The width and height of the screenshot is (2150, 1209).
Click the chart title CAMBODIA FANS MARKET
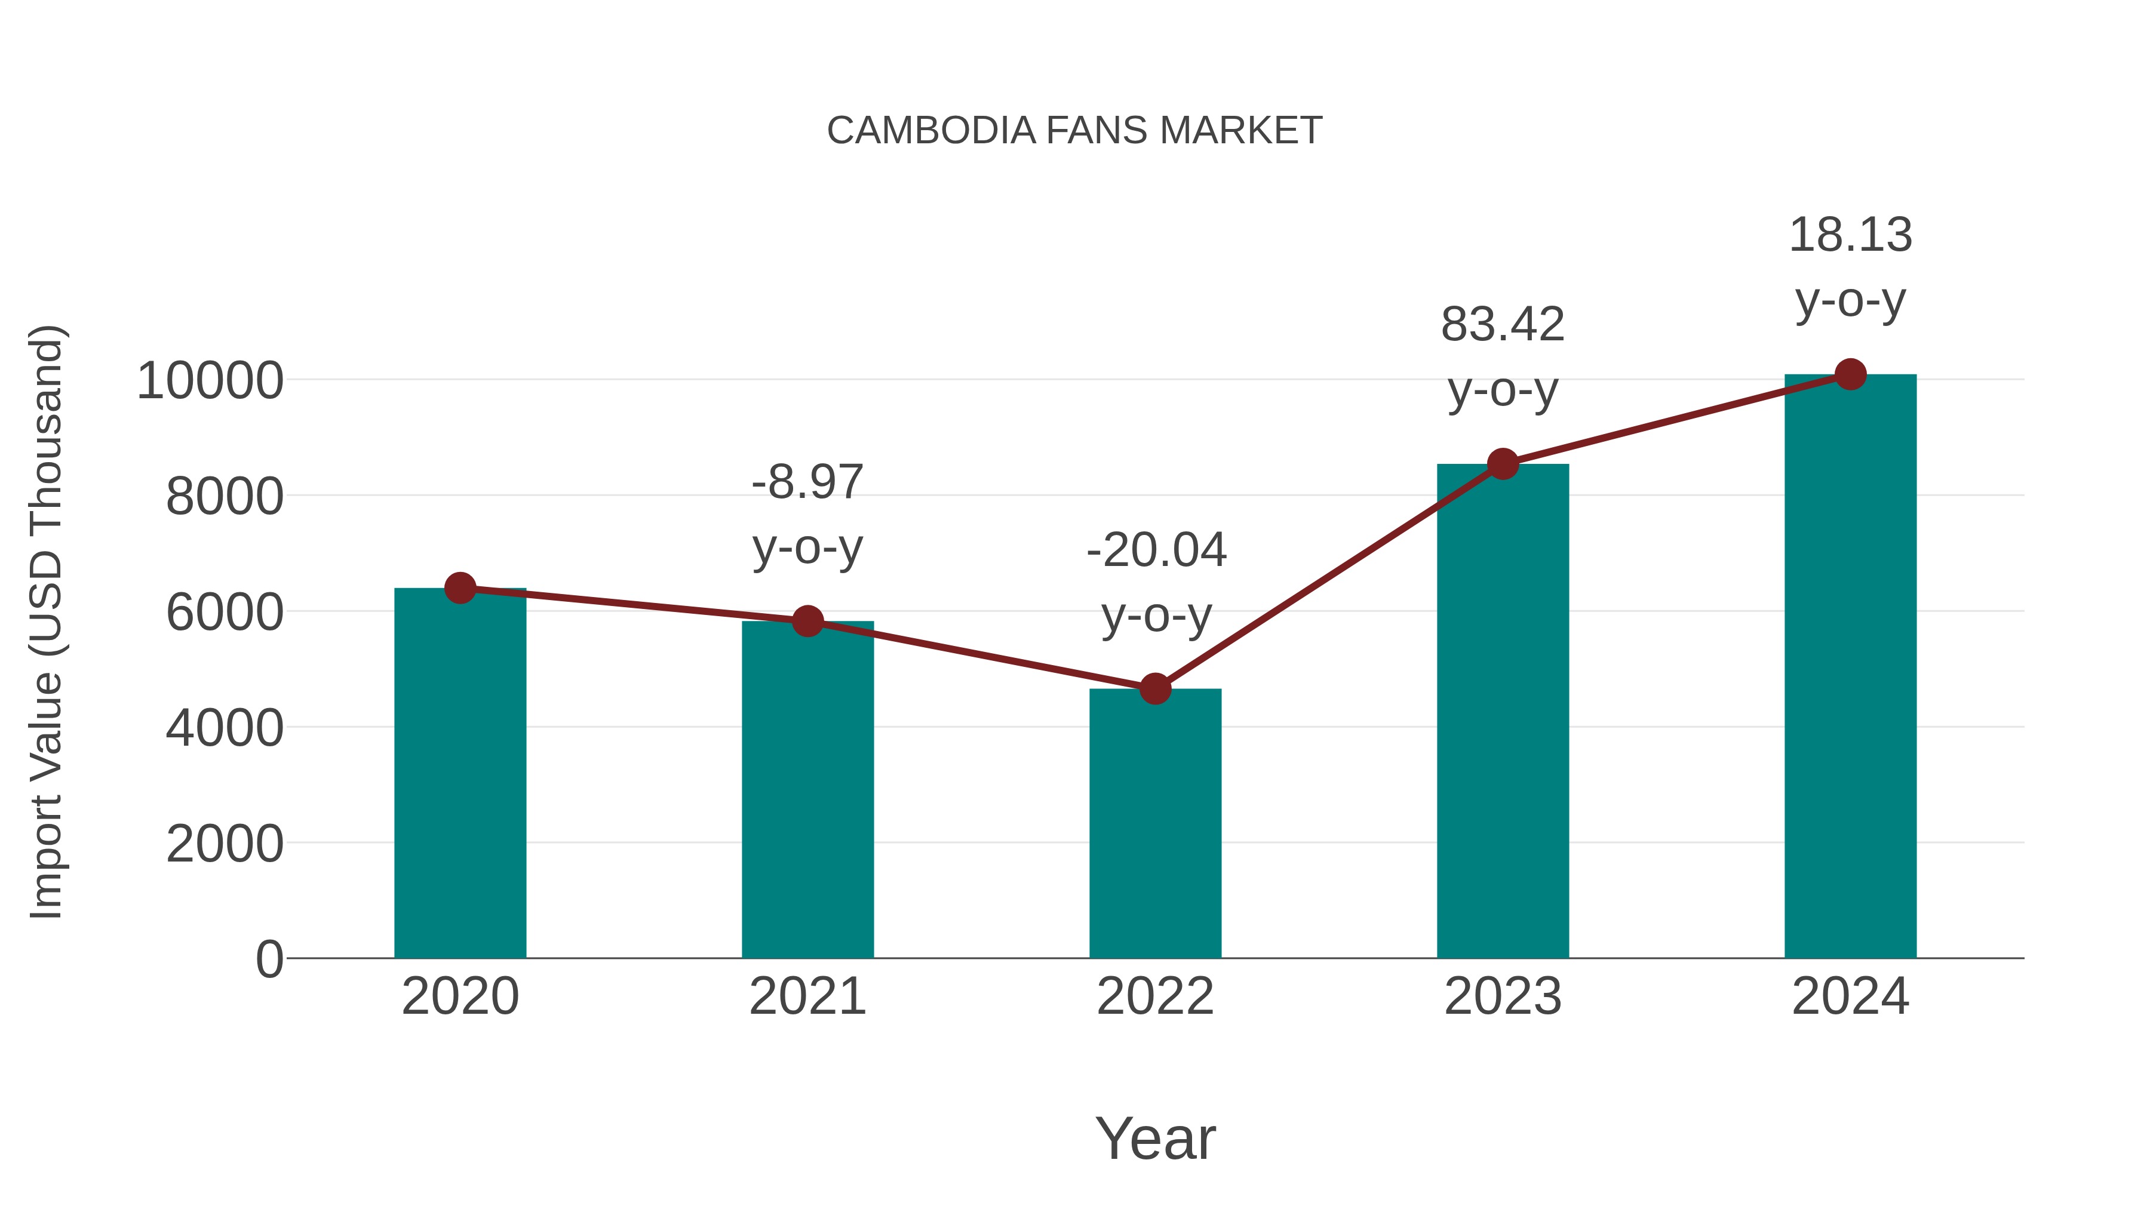click(1074, 131)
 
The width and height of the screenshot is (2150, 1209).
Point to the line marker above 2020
click(460, 588)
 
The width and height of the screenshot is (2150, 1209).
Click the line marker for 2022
click(1155, 689)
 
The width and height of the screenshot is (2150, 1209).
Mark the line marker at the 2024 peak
click(1850, 374)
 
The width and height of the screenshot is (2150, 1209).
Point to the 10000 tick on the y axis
click(210, 382)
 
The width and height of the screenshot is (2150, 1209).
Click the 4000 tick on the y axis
click(225, 728)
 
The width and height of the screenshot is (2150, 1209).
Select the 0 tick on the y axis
click(269, 959)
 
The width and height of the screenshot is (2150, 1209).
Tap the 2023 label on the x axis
click(1503, 996)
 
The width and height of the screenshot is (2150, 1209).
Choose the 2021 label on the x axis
click(807, 996)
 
